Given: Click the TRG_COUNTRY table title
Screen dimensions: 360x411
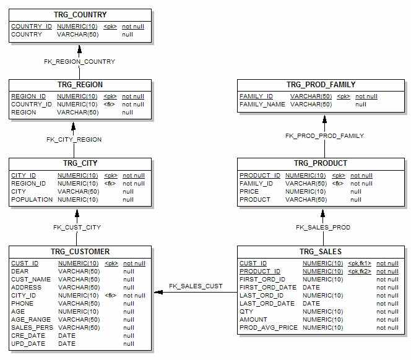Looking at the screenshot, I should click(80, 14).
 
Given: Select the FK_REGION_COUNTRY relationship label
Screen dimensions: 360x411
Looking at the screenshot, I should click(79, 62).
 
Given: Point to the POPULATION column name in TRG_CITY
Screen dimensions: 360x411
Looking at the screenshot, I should click(32, 200).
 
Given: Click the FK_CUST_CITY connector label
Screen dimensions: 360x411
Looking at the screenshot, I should click(77, 228).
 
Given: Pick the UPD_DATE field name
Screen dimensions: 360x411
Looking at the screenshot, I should click(26, 343).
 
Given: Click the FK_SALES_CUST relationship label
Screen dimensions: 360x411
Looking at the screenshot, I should click(196, 286).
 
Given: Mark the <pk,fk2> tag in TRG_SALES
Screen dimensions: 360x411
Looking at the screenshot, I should click(360, 272).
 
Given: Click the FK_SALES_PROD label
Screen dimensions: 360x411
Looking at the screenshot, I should click(322, 228).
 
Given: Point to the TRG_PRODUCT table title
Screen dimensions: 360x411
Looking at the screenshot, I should click(321, 163).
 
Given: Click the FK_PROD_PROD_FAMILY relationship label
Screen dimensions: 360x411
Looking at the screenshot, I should click(324, 135).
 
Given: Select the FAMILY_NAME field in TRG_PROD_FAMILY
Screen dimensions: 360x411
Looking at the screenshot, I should click(262, 105).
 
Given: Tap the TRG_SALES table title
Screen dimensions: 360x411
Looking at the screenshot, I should click(321, 252).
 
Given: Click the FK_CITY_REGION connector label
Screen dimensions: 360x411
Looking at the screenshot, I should click(74, 140).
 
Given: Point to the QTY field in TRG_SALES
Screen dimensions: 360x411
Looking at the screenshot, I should click(246, 311).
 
